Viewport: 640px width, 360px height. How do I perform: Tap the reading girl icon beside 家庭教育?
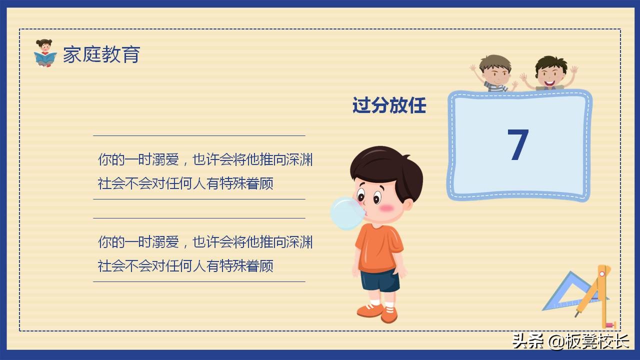click(45, 53)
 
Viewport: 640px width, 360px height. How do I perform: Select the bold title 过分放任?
click(389, 106)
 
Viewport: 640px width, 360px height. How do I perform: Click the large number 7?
click(518, 145)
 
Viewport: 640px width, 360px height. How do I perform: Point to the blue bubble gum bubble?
click(346, 213)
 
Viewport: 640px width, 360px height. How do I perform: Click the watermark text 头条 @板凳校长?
click(570, 341)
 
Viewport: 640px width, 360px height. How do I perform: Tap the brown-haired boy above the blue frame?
click(495, 72)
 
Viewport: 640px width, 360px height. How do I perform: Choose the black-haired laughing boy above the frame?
click(550, 72)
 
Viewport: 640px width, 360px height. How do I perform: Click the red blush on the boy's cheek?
click(386, 207)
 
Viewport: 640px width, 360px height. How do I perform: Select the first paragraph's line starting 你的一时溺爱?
click(205, 160)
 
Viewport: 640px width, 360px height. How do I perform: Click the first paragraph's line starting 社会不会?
click(185, 183)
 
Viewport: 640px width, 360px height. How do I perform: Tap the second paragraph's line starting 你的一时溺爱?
click(205, 242)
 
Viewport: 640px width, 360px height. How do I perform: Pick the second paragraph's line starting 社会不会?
click(185, 266)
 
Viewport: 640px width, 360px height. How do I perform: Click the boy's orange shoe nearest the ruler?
click(389, 313)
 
